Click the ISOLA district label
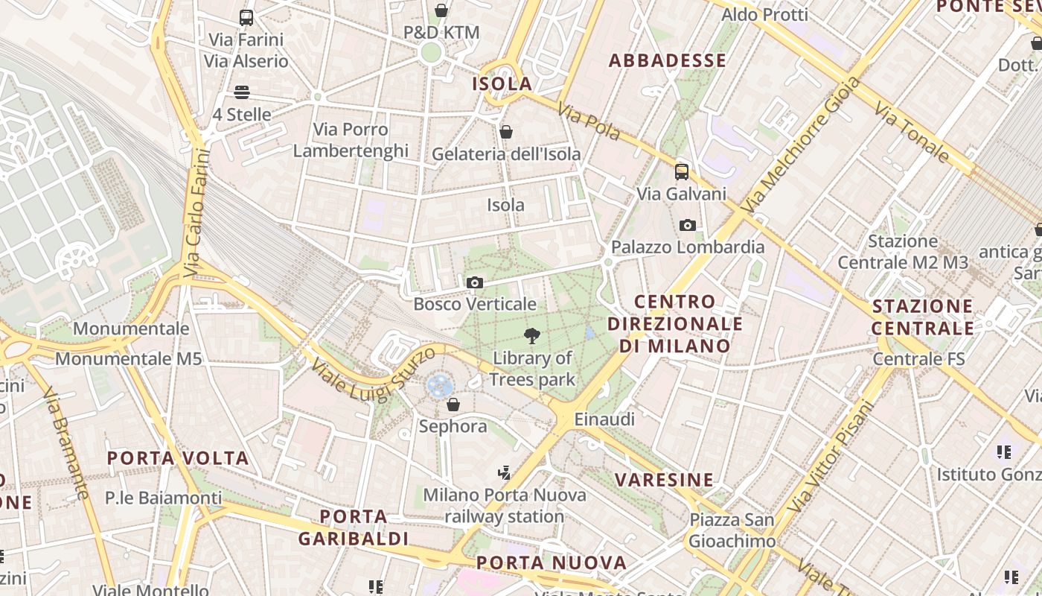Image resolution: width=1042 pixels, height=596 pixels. click(x=502, y=83)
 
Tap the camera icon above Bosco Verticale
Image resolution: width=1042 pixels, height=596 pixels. click(x=474, y=283)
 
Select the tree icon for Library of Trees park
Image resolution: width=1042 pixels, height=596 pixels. click(x=531, y=336)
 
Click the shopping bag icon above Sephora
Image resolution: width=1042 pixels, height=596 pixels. click(x=453, y=405)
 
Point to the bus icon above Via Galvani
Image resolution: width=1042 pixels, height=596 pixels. click(x=681, y=172)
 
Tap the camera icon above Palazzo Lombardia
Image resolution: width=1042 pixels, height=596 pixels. click(x=688, y=225)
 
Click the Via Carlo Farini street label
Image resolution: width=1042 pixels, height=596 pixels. click(x=195, y=213)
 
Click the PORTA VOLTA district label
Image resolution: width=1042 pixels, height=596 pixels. click(x=178, y=457)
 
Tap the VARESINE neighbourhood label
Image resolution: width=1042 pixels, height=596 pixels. click(x=665, y=479)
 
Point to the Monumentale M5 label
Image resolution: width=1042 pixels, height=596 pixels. click(x=128, y=358)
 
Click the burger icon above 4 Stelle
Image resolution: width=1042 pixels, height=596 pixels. click(x=241, y=92)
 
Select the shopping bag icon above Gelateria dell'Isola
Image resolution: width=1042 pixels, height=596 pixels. click(x=506, y=132)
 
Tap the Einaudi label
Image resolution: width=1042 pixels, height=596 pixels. click(x=604, y=419)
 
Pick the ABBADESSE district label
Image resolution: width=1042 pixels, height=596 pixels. click(x=667, y=60)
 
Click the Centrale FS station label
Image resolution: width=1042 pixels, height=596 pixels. click(x=918, y=358)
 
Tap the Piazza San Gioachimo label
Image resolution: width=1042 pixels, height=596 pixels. click(x=732, y=530)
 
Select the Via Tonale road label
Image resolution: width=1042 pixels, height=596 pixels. click(x=912, y=133)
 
